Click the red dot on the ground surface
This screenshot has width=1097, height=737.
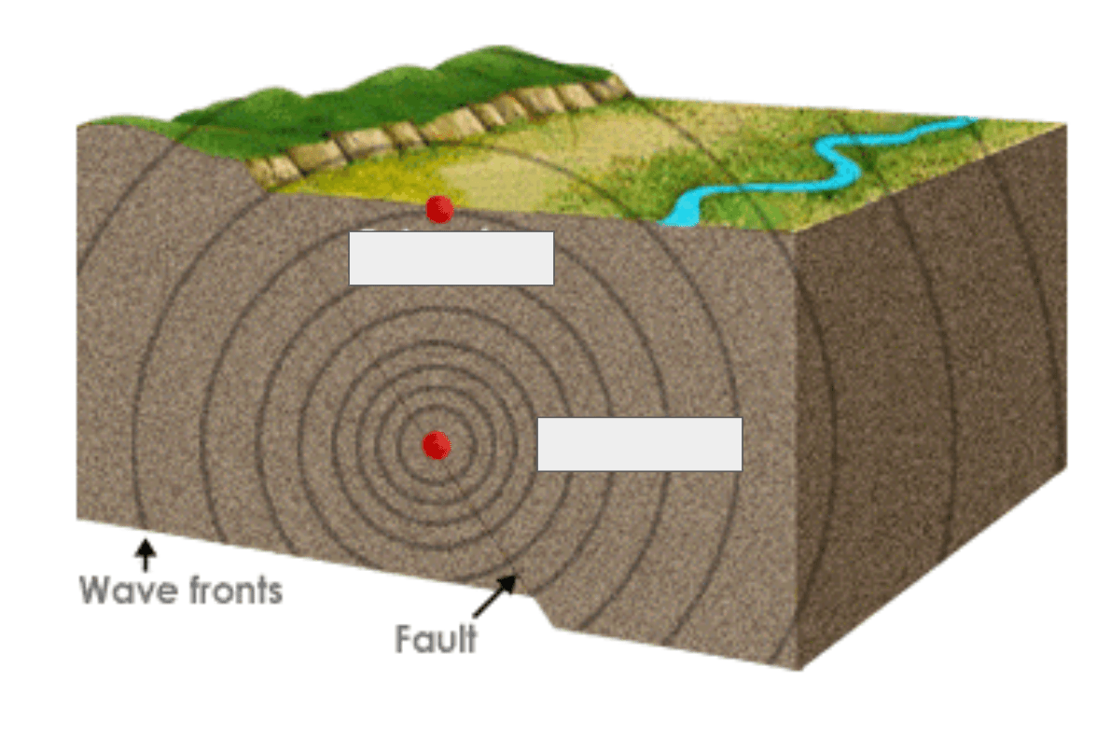439,209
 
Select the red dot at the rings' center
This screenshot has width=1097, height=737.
436,445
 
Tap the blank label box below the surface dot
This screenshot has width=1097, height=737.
451,258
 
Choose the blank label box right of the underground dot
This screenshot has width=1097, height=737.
640,444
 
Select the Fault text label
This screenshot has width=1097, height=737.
436,640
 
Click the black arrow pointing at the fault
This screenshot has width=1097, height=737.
494,596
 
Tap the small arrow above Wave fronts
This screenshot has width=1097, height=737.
145,554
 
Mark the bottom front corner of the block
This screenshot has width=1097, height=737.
799,668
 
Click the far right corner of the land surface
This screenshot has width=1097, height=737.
1064,123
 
